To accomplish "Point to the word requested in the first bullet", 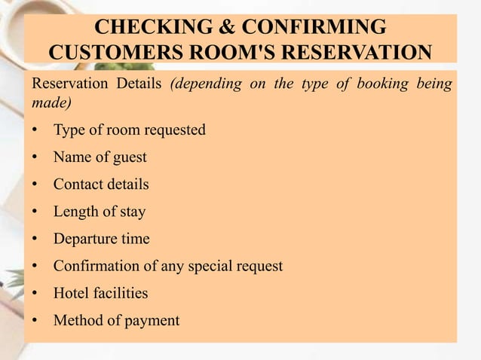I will click(173, 130).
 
